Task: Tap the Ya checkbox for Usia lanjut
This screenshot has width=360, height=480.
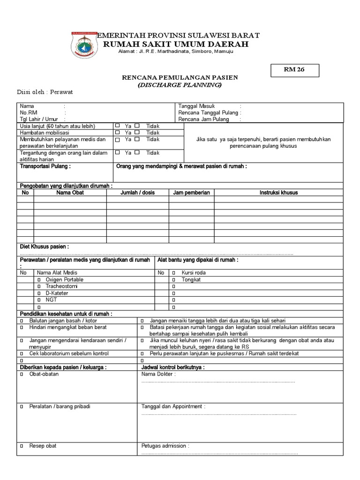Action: coord(118,126)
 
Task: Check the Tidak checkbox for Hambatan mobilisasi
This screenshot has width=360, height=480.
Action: coord(137,133)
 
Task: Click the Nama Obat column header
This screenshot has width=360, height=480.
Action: coord(70,192)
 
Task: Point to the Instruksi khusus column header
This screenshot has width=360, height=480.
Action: coord(278,192)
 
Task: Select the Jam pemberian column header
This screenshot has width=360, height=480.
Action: coord(191,192)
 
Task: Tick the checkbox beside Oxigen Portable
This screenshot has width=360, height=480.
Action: coord(39,279)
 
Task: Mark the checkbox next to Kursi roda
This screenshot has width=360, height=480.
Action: coord(173,272)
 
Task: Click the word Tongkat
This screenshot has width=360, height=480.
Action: coord(191,279)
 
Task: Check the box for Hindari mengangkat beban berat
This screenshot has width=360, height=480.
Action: coord(22,327)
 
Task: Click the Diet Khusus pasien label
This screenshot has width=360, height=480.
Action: coord(44,246)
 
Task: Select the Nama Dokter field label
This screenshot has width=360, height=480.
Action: coord(158,375)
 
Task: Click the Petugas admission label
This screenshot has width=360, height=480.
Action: coord(165,446)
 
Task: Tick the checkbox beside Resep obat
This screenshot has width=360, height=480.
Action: coord(22,446)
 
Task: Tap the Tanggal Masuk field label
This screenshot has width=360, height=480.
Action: coord(196,106)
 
